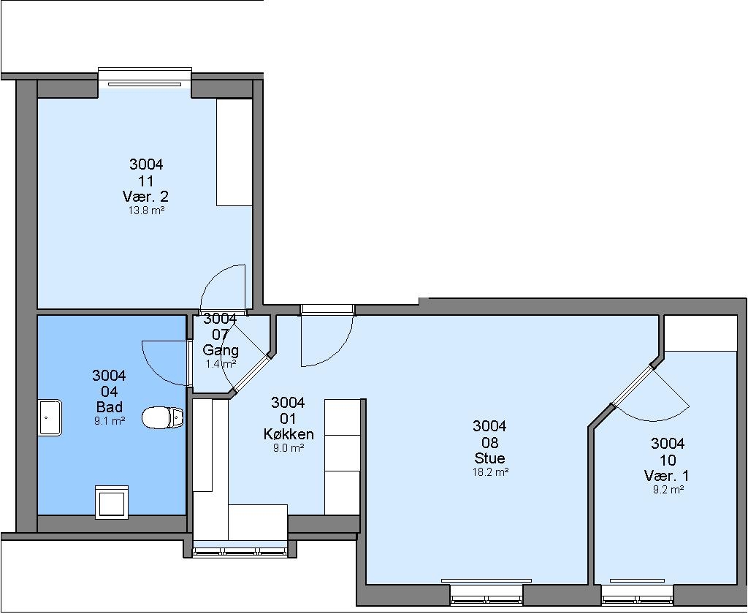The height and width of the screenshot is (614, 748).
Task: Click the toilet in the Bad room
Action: (163, 418)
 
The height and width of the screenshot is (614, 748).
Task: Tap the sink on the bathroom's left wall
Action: (50, 417)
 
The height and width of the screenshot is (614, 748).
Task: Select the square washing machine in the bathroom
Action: (112, 502)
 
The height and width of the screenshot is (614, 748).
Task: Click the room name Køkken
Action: (289, 434)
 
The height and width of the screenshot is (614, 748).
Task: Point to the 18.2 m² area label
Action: (490, 472)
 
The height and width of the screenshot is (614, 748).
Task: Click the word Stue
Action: (489, 458)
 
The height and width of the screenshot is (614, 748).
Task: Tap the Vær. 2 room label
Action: (145, 196)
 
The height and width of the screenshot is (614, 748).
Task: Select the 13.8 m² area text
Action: (146, 211)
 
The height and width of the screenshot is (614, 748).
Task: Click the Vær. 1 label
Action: (667, 476)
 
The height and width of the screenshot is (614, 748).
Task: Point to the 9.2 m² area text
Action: (668, 490)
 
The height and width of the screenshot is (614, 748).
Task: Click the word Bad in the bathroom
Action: (110, 407)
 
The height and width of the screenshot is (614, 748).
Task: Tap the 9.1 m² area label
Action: (110, 421)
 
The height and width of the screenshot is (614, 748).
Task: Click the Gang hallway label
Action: (221, 350)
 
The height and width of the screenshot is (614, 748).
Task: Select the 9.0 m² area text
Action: (289, 448)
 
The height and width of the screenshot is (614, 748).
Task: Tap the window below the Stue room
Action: (486, 593)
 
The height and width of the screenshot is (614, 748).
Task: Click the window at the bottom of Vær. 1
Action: (637, 593)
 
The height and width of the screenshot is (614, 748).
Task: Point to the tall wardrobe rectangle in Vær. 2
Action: (234, 152)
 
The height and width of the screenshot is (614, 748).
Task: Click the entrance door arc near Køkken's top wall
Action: (340, 351)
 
